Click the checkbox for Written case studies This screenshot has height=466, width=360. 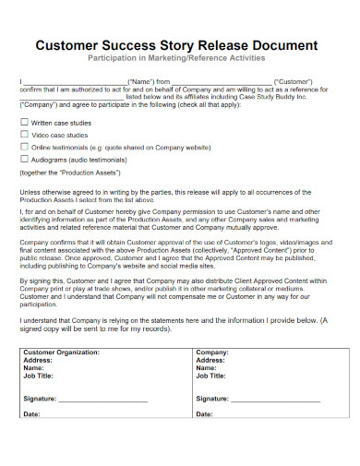click(24, 122)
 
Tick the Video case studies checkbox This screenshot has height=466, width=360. click(24, 134)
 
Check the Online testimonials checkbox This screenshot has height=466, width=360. click(24, 146)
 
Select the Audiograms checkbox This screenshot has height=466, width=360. click(24, 158)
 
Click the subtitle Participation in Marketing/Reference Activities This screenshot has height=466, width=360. click(180, 58)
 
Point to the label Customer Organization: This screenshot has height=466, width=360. click(62, 378)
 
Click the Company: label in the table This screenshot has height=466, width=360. click(212, 378)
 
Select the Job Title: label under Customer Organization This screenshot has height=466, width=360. click(42, 403)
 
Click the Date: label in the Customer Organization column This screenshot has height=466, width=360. click(32, 441)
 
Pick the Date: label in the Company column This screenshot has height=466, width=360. click(205, 441)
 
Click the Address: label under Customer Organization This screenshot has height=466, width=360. click(40, 387)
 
